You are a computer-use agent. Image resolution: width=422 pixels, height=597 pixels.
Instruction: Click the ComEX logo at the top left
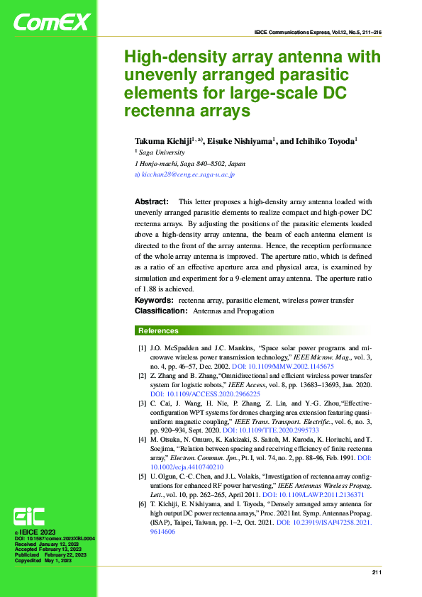tap(52, 23)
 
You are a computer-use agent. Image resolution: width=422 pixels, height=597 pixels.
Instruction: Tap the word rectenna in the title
tap(154, 111)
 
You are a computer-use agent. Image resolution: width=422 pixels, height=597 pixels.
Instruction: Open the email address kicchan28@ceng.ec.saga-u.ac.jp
tap(188, 174)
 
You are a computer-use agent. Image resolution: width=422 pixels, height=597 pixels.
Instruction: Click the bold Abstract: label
tap(151, 202)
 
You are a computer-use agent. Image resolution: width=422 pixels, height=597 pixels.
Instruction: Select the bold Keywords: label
tap(155, 301)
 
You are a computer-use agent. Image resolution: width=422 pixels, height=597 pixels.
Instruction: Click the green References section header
tap(158, 330)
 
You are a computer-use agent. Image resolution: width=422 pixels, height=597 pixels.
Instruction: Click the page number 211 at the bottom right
tap(377, 571)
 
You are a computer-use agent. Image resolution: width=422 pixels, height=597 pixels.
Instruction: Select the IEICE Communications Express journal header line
tap(318, 33)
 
